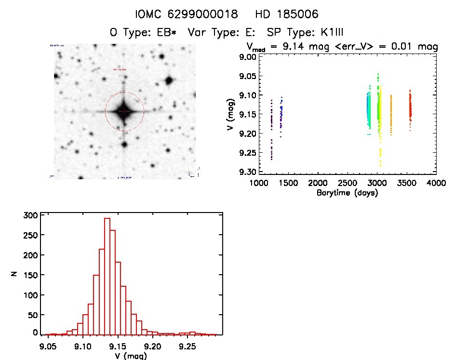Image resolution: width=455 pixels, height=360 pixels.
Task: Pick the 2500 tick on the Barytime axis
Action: point(377,184)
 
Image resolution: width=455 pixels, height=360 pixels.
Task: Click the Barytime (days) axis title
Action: point(347,193)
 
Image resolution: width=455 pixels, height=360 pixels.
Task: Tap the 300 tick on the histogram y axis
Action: point(29,215)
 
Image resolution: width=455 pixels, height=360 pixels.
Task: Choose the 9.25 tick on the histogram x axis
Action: point(187,346)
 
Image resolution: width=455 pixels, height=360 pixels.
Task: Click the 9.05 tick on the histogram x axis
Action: point(48,346)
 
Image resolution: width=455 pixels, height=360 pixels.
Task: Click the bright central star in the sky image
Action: point(124,111)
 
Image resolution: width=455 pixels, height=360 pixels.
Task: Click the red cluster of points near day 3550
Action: point(410,108)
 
